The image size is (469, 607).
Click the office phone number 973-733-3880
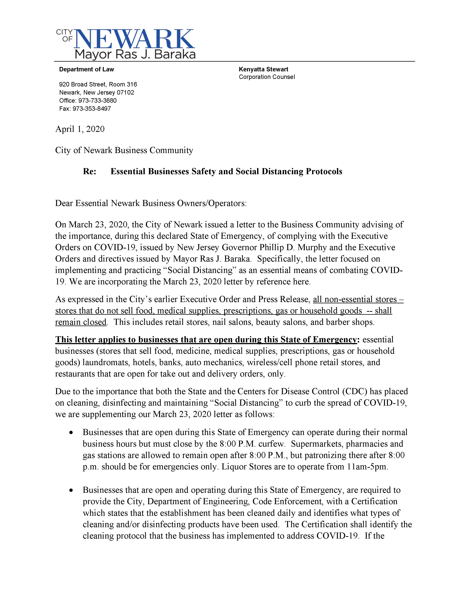[97, 101]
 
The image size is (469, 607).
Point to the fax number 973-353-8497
[92, 109]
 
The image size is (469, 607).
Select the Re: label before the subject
[89, 171]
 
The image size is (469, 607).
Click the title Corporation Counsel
[267, 77]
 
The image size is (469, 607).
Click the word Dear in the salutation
[64, 203]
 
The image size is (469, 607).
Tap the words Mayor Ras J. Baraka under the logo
[135, 54]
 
